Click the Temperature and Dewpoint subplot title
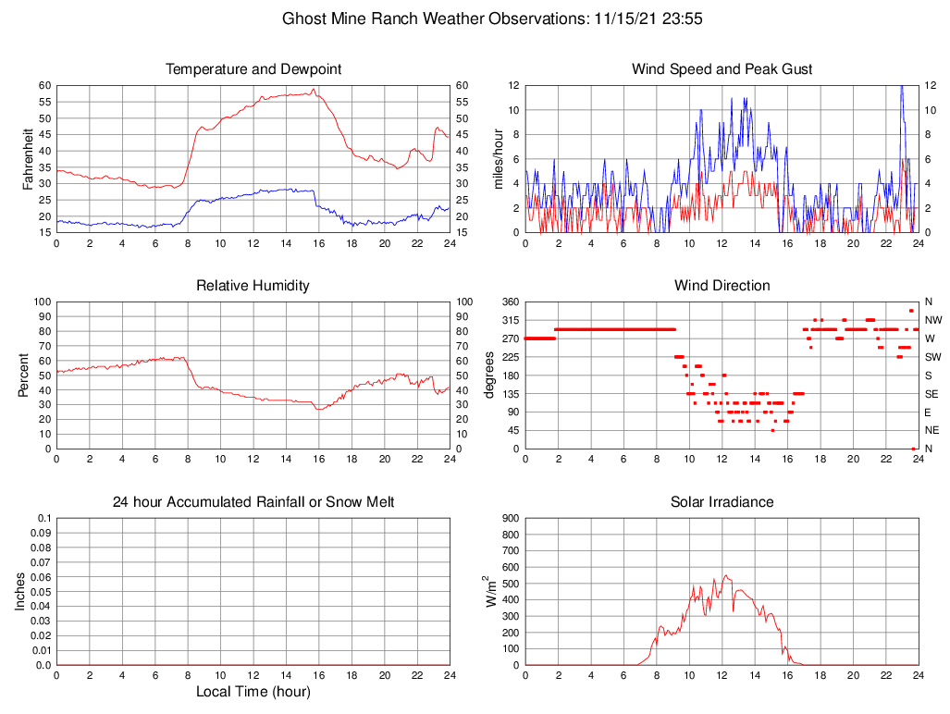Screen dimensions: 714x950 [253, 69]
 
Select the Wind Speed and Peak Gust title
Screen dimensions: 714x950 [722, 69]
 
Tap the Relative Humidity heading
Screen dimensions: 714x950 [253, 286]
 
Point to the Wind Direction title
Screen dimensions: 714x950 [722, 286]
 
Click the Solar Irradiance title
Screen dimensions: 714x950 [722, 502]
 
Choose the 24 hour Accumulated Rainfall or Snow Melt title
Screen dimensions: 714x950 [253, 502]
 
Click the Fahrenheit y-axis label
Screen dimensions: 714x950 [28, 158]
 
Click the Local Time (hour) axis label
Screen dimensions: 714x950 [253, 692]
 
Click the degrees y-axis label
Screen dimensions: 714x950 [491, 375]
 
